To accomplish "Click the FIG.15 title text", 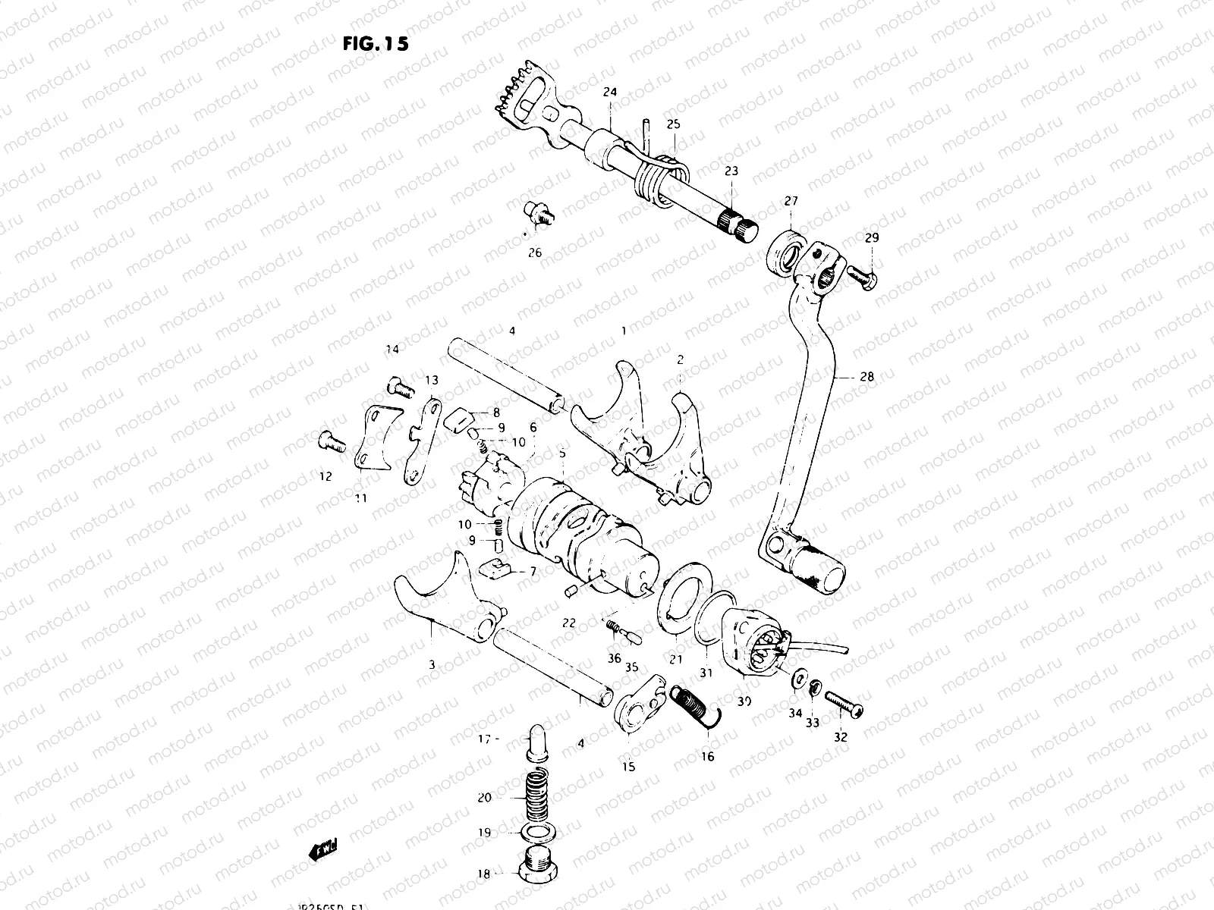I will [x=376, y=44].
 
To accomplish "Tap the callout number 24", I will [x=610, y=93].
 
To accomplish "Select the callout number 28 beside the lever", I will [x=867, y=376].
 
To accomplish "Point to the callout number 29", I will [x=871, y=238].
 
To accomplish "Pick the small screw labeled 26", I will [x=538, y=213].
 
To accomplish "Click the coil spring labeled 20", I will [x=536, y=797].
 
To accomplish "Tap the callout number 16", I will [x=707, y=757].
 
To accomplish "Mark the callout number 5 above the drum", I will [x=562, y=453].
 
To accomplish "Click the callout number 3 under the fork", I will [x=432, y=665].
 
